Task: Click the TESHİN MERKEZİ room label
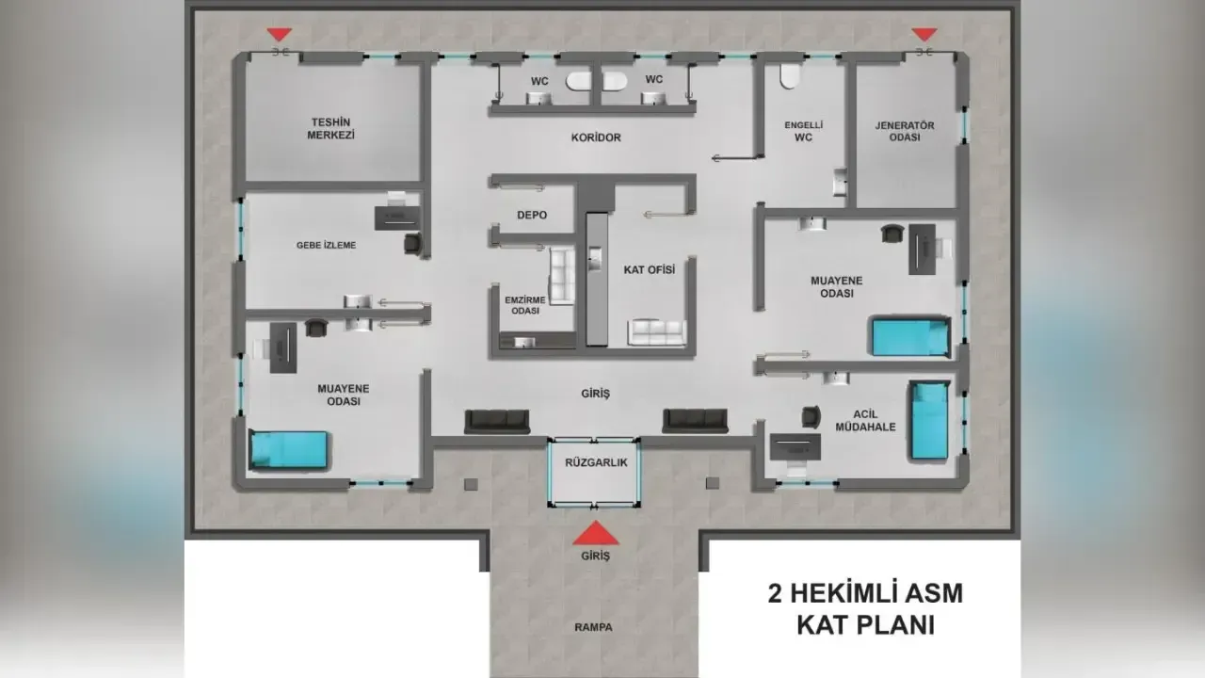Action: (330, 129)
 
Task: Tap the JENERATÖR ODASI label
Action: (905, 131)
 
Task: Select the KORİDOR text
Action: (596, 137)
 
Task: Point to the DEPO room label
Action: (532, 216)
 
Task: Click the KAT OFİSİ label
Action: (650, 269)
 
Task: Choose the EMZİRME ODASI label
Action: (525, 305)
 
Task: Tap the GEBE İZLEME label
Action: (326, 246)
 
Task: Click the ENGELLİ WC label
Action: (804, 131)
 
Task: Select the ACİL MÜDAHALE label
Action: (865, 420)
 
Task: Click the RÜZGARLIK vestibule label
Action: (596, 462)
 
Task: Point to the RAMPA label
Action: (593, 627)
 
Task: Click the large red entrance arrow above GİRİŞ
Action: (596, 533)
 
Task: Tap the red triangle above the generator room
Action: (924, 35)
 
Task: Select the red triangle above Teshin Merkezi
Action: (280, 35)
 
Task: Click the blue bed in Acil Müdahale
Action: (929, 421)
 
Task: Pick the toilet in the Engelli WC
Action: (790, 76)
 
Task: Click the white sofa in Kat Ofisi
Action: (657, 332)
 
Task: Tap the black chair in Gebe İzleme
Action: (412, 243)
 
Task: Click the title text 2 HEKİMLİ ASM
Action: (865, 593)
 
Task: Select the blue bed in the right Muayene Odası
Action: (909, 337)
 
